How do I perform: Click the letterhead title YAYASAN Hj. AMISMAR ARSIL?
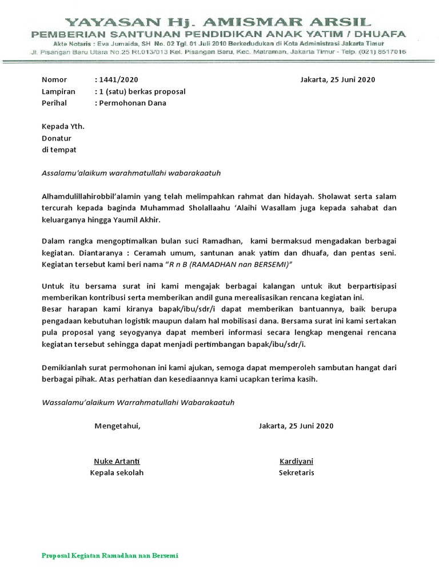[x=219, y=23]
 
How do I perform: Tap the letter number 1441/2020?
[x=118, y=79]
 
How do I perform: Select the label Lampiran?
[x=58, y=91]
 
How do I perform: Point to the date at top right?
[x=337, y=79]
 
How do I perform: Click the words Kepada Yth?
[x=63, y=126]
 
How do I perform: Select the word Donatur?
[x=56, y=138]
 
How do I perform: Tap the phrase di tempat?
[x=59, y=150]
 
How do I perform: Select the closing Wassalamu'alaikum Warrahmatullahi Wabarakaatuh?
[x=138, y=402]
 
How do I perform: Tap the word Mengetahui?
[x=117, y=426]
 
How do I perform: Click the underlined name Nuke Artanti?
[x=117, y=461]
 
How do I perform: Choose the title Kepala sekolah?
[x=117, y=472]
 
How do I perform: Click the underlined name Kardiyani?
[x=296, y=461]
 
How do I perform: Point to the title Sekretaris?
[x=296, y=472]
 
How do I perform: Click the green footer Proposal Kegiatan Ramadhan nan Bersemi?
[x=110, y=556]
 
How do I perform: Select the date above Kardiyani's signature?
[x=296, y=426]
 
